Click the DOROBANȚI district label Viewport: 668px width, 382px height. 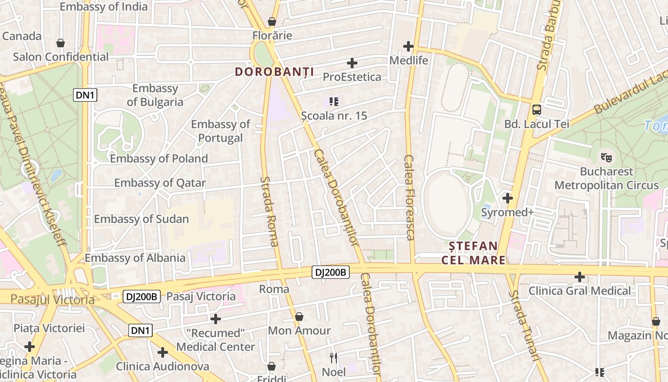coord(274,72)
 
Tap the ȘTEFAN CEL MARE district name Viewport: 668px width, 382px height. coord(473,253)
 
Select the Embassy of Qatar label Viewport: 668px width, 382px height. coord(160,183)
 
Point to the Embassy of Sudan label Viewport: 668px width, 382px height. coord(141,219)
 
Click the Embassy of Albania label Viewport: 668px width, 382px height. coord(135,258)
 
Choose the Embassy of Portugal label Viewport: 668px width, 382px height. coord(220,131)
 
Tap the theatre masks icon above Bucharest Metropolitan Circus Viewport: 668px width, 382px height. coord(606,156)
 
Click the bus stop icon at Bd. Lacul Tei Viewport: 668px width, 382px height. coord(537,110)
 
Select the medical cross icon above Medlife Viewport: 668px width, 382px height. coord(408,46)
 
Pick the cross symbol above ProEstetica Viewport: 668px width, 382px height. coord(352,63)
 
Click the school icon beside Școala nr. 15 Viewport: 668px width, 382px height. coord(334,101)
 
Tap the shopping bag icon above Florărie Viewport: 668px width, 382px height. coord(272,21)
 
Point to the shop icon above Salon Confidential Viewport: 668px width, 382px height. coord(61,43)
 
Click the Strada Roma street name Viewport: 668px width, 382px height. coord(270,212)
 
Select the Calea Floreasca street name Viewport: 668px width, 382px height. coord(409,197)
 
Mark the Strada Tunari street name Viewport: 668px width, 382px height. coord(523,325)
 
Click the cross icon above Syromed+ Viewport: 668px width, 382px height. coord(508,198)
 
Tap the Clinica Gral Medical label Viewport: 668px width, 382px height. coord(579,291)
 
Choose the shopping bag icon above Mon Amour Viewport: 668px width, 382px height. coord(299,316)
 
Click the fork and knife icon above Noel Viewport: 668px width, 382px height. coord(334,358)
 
